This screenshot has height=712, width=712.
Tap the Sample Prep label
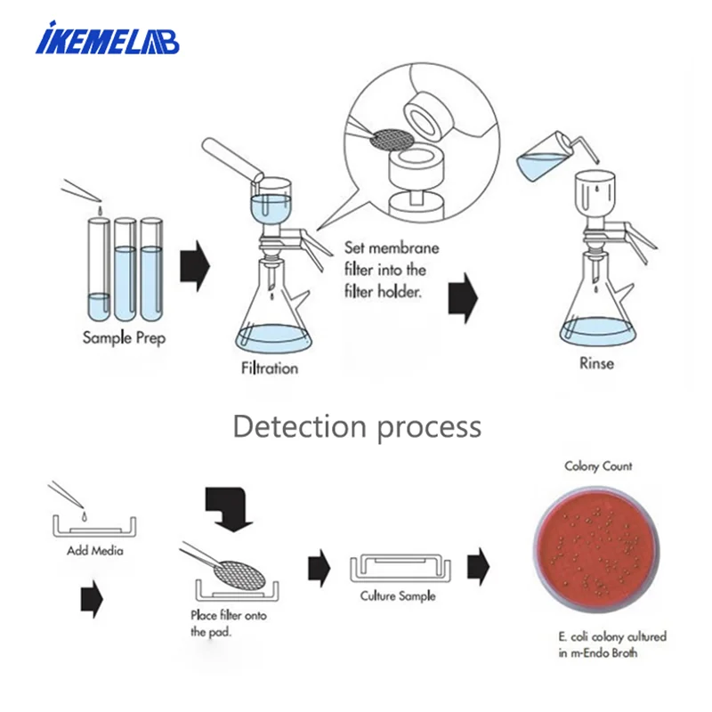tap(124, 338)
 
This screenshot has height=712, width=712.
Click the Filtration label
tap(269, 368)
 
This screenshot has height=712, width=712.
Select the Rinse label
tap(596, 363)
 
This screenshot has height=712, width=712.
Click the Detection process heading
tap(356, 426)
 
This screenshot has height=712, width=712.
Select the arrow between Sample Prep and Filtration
tap(194, 264)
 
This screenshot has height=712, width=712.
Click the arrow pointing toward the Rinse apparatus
tap(462, 297)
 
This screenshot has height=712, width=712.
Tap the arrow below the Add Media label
tap(92, 601)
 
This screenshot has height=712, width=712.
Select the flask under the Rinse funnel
tap(596, 307)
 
